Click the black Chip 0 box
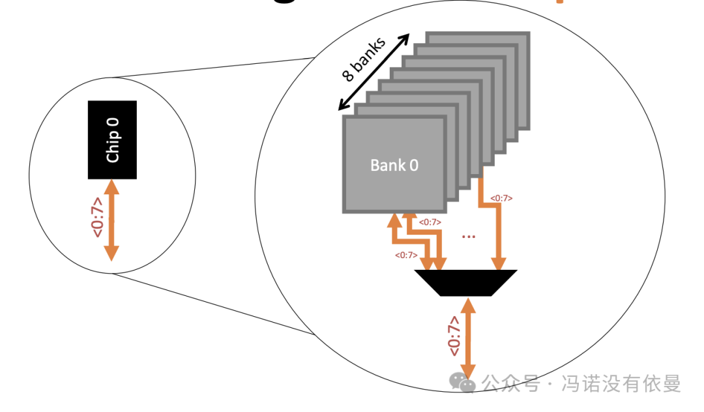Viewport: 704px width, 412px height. click(113, 140)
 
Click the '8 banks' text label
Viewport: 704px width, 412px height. click(364, 59)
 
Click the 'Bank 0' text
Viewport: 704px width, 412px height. click(394, 165)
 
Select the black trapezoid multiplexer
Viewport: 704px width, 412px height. click(466, 282)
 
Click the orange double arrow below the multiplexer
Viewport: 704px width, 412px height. click(467, 334)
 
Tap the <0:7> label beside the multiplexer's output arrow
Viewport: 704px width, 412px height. click(454, 335)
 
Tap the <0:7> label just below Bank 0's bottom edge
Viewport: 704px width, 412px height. click(429, 222)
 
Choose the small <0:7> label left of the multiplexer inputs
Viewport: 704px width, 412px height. click(405, 255)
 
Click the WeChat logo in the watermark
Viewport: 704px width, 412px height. click(463, 383)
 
